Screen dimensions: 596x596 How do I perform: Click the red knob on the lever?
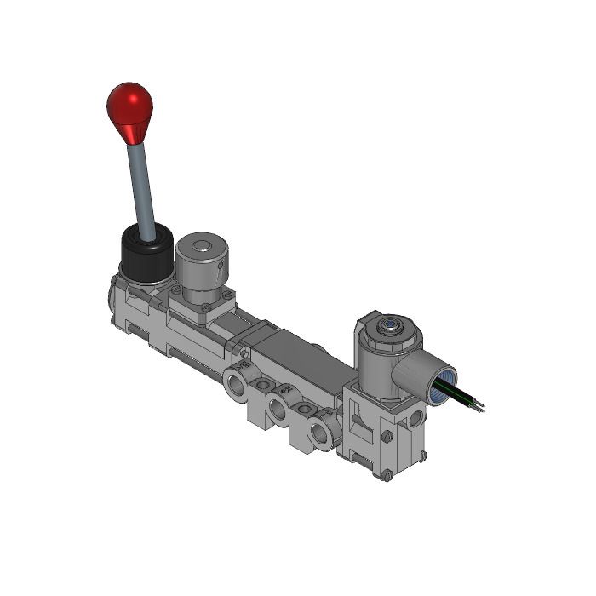pyautogui.click(x=129, y=104)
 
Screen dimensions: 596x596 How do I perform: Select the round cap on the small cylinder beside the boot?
pyautogui.click(x=202, y=249)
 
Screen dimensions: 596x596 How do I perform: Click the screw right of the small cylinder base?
pyautogui.click(x=230, y=295)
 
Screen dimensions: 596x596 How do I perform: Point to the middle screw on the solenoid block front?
pyautogui.click(x=387, y=437)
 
